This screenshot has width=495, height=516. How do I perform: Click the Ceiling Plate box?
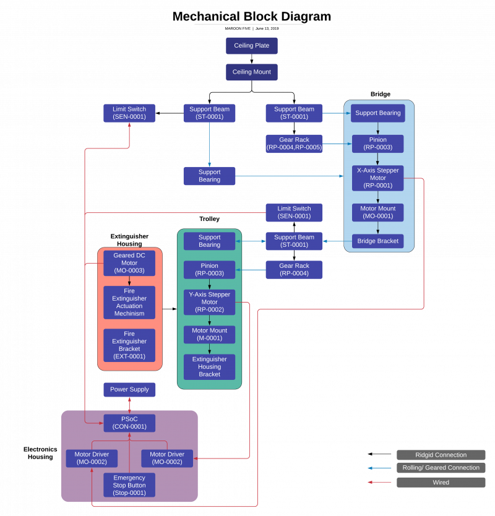pyautogui.click(x=251, y=46)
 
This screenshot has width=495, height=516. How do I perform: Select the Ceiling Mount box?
pyautogui.click(x=251, y=72)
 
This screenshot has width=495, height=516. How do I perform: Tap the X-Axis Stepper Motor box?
pyautogui.click(x=377, y=178)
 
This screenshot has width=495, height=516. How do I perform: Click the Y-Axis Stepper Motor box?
pyautogui.click(x=209, y=303)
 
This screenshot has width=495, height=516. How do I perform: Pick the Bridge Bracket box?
pyautogui.click(x=377, y=241)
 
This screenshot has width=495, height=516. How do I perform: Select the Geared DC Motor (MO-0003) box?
pyautogui.click(x=129, y=263)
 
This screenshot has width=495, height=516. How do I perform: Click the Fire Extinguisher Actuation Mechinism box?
pyautogui.click(x=129, y=303)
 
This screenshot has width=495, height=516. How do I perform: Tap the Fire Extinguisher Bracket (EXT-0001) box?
pyautogui.click(x=129, y=345)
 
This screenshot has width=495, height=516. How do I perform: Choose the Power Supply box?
pyautogui.click(x=129, y=390)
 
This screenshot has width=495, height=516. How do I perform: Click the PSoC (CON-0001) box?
pyautogui.click(x=129, y=423)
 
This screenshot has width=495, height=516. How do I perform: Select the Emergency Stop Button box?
pyautogui.click(x=129, y=485)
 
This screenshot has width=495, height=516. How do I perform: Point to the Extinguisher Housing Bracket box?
pyautogui.click(x=209, y=367)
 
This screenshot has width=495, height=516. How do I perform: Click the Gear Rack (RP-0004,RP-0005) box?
pyautogui.click(x=294, y=144)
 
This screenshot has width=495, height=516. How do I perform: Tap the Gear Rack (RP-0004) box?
pyautogui.click(x=294, y=270)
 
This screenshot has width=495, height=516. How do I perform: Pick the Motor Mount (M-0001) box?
pyautogui.click(x=209, y=335)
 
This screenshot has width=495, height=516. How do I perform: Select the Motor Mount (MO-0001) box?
pyautogui.click(x=377, y=212)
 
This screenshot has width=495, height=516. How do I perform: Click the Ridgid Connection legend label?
pyautogui.click(x=441, y=455)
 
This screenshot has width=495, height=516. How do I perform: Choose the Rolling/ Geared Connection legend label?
pyautogui.click(x=441, y=468)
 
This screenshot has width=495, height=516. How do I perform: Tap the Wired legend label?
pyautogui.click(x=441, y=482)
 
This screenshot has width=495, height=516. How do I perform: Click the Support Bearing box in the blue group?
pyautogui.click(x=377, y=113)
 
